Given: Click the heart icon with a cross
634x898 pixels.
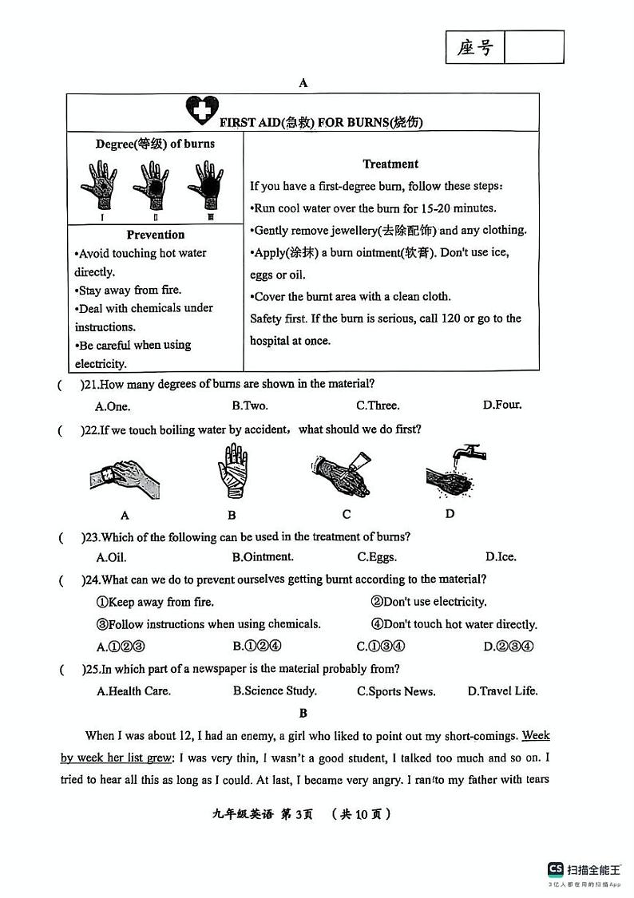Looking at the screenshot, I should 201,110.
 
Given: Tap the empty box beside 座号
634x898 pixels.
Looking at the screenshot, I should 534,48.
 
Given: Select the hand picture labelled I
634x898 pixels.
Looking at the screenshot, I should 99,186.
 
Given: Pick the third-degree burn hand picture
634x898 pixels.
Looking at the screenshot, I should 206,186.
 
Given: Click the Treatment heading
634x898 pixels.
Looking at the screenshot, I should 390,164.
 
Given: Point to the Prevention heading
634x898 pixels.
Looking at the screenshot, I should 155,235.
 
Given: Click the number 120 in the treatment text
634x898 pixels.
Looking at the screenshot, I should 438,318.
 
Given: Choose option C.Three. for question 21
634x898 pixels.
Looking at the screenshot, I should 378,405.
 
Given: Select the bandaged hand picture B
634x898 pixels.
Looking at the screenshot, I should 232,473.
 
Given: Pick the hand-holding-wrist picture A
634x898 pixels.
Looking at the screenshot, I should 124,477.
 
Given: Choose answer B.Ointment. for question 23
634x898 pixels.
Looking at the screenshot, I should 263,557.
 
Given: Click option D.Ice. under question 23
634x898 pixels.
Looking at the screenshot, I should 501,557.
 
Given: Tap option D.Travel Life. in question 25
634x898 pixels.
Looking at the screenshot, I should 502,691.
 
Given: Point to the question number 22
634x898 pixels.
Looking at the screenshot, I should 89,429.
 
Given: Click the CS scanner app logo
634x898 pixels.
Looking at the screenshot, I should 556,869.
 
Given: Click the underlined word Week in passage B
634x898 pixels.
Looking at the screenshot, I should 536,736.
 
